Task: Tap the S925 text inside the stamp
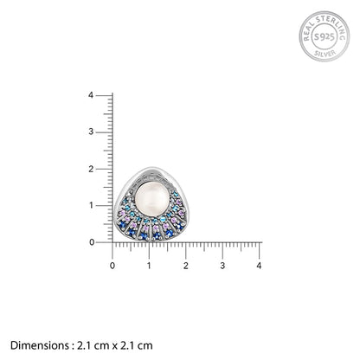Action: pyautogui.click(x=325, y=37)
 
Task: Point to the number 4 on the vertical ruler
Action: pyautogui.click(x=91, y=95)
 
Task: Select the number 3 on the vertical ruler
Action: pyautogui.click(x=91, y=132)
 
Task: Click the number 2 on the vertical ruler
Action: pyautogui.click(x=91, y=169)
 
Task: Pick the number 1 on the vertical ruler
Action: pyautogui.click(x=91, y=205)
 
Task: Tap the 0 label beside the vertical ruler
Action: pyautogui.click(x=92, y=242)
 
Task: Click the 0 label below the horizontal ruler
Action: pyautogui.click(x=112, y=266)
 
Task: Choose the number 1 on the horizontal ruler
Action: pyautogui.click(x=149, y=266)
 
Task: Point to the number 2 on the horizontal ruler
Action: pyautogui.click(x=186, y=266)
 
